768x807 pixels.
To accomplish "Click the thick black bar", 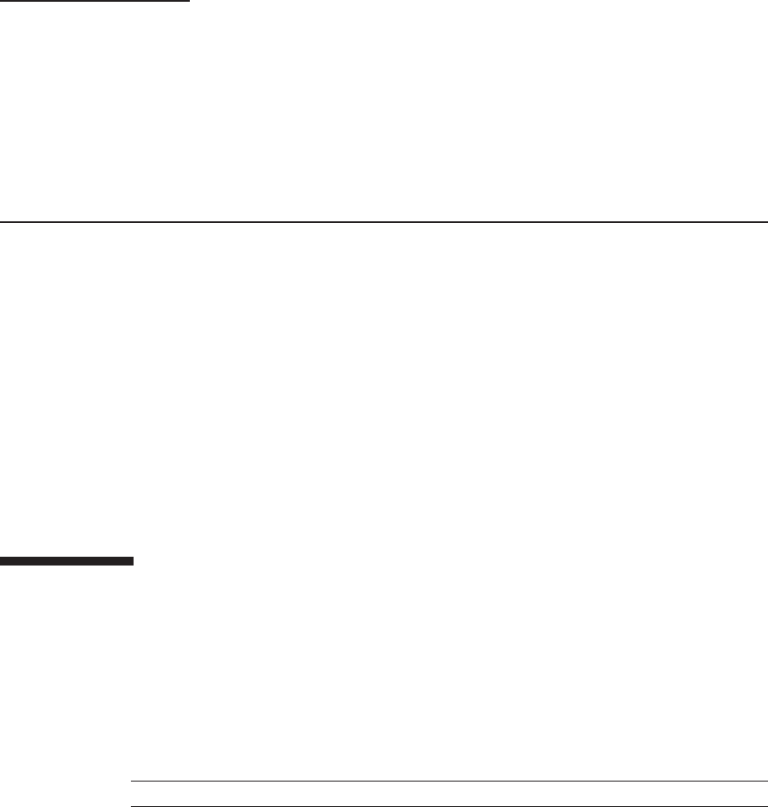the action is [x=66, y=558].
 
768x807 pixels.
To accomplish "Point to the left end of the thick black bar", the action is [x=1, y=558].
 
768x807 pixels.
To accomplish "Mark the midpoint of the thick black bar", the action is [x=67, y=558].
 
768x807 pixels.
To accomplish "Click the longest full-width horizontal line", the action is [x=384, y=222].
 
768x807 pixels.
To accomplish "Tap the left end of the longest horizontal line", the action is [x=1, y=222].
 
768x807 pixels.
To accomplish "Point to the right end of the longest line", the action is [x=767, y=222].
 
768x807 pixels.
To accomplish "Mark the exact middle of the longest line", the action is [x=384, y=222].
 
